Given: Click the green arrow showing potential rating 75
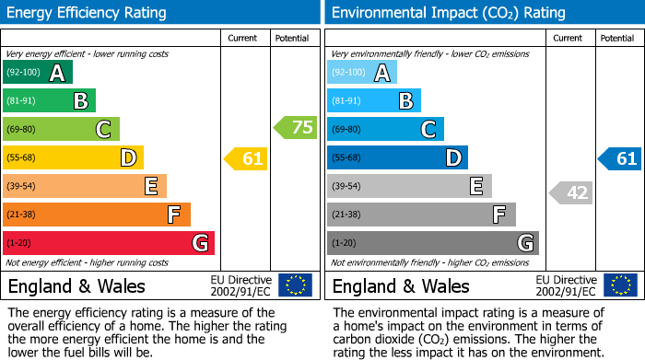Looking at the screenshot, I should click(x=296, y=128).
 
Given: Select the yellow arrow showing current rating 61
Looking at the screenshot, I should click(x=247, y=158).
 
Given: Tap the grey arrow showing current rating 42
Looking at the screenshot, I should click(x=571, y=192).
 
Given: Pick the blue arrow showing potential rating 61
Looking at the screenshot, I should click(x=620, y=158).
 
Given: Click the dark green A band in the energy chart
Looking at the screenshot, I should click(x=38, y=73).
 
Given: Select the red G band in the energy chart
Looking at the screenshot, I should click(x=109, y=243).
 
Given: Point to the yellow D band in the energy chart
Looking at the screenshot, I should click(x=73, y=158).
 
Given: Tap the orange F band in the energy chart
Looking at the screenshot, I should click(x=97, y=215).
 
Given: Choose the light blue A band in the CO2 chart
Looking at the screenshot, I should click(x=362, y=73).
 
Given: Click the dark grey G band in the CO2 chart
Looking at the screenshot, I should click(x=433, y=243).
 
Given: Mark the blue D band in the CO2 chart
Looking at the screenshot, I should click(x=397, y=158).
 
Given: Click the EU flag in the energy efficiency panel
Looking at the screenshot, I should click(x=295, y=285).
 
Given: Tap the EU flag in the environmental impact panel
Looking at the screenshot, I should click(x=620, y=285).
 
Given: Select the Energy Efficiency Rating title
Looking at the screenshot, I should click(x=88, y=13).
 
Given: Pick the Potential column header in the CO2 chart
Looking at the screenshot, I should click(x=617, y=38).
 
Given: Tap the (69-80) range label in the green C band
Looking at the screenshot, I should click(x=24, y=130).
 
